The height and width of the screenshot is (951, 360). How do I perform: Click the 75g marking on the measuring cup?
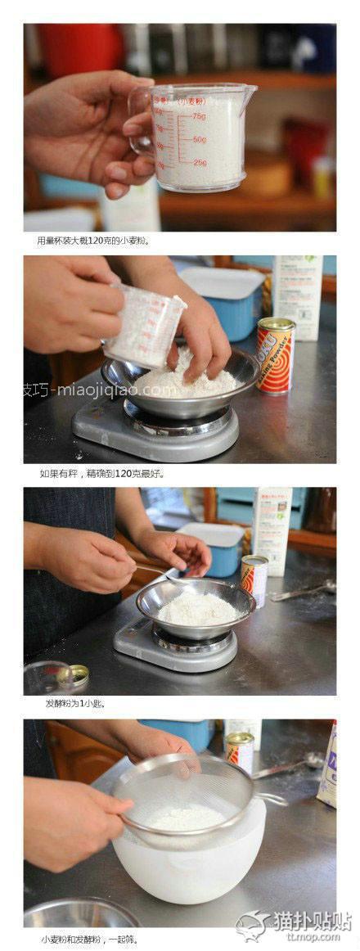[200, 117]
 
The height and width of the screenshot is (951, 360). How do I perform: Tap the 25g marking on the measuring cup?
[200, 163]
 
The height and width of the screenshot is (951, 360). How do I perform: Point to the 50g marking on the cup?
[200, 140]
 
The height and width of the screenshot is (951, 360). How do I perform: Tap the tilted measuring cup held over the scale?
[147, 323]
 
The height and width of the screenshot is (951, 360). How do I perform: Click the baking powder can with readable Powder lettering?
[275, 356]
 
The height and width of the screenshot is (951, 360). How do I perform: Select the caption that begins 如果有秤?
[102, 473]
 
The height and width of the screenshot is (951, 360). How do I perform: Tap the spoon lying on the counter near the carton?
[303, 589]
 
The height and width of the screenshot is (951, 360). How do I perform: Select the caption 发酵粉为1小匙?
[74, 703]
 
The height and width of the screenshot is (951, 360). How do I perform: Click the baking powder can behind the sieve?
[239, 750]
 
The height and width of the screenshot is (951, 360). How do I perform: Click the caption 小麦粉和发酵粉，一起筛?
[90, 939]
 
